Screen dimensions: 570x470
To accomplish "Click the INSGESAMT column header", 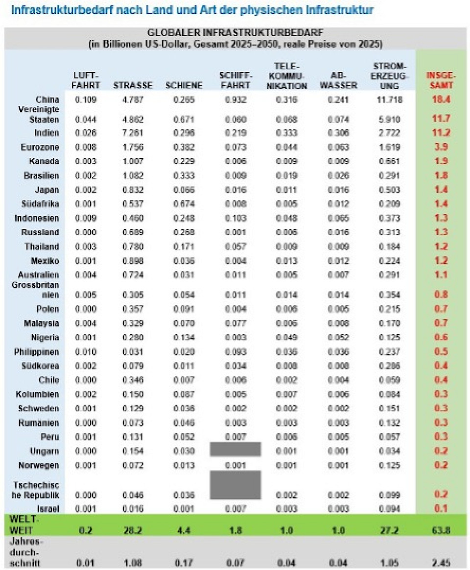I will (441, 80).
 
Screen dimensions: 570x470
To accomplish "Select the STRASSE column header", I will (133, 85).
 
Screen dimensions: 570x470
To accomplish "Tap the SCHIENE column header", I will (184, 85).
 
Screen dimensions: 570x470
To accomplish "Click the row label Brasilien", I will (42, 175).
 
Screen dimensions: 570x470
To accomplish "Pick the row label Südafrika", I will (41, 204).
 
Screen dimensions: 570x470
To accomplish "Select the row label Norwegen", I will (39, 465).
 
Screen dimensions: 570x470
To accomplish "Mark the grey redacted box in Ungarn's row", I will (235, 449).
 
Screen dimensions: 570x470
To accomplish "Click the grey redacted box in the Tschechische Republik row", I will (235, 485).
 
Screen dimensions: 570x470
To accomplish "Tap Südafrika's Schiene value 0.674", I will (184, 204).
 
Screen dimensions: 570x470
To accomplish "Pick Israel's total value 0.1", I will (441, 509).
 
